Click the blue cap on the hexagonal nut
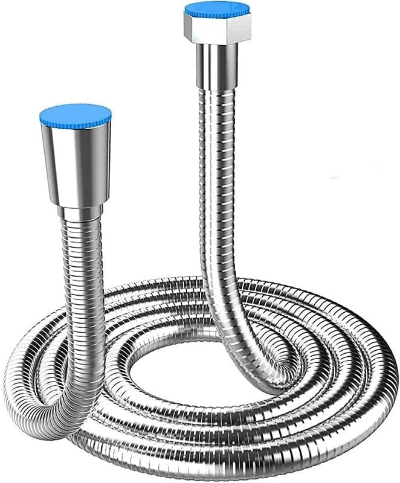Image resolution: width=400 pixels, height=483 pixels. pyautogui.click(x=217, y=8)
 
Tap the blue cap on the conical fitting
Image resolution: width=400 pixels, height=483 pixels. pyautogui.click(x=75, y=114)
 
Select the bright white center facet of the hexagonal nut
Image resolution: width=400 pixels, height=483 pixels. pyautogui.click(x=216, y=27)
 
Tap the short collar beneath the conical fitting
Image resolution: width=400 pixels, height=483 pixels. pyautogui.click(x=81, y=212)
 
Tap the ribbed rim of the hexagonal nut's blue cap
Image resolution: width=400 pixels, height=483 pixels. pyautogui.click(x=217, y=14)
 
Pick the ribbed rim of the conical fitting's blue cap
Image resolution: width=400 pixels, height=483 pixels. pyautogui.click(x=75, y=123)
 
